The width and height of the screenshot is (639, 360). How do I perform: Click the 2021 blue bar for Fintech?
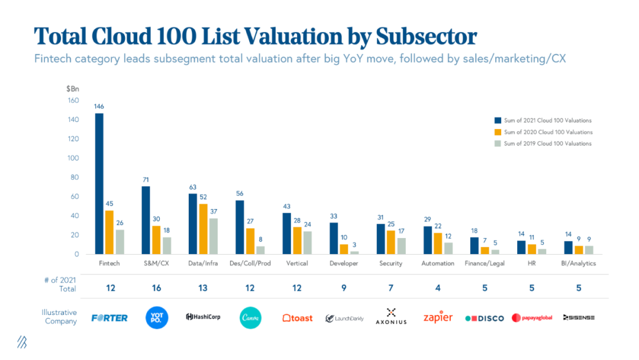pyautogui.click(x=99, y=184)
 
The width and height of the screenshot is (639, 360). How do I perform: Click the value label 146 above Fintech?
pyautogui.click(x=99, y=107)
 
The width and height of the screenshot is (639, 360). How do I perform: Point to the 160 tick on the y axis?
pyautogui.click(x=73, y=101)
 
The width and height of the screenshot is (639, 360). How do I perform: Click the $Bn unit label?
pyautogui.click(x=72, y=89)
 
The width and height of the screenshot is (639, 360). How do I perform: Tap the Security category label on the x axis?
pyautogui.click(x=391, y=263)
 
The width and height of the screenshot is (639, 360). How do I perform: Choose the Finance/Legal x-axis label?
pyautogui.click(x=485, y=263)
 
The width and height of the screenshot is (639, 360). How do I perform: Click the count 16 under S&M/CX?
pyautogui.click(x=157, y=288)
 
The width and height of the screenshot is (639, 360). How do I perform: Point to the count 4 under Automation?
pyautogui.click(x=438, y=288)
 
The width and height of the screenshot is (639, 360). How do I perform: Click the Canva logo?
pyautogui.click(x=251, y=317)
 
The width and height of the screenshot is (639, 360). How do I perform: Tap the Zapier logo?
pyautogui.click(x=438, y=317)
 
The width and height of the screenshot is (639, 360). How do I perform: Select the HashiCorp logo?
pyautogui.click(x=203, y=317)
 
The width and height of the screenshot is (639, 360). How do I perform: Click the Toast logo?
pyautogui.click(x=297, y=318)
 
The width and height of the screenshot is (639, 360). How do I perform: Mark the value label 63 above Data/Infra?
pyautogui.click(x=192, y=187)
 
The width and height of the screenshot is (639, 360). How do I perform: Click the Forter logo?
pyautogui.click(x=110, y=318)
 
